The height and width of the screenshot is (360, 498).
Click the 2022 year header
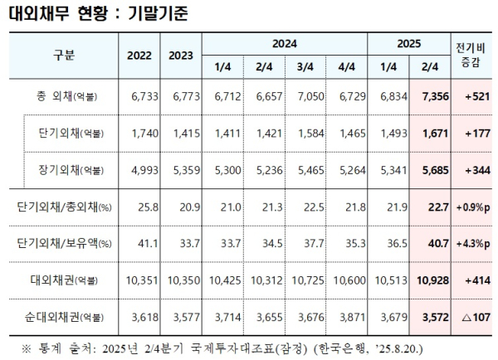(x=139, y=55)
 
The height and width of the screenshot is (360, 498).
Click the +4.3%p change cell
(x=467, y=242)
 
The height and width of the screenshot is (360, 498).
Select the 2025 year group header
(x=408, y=41)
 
